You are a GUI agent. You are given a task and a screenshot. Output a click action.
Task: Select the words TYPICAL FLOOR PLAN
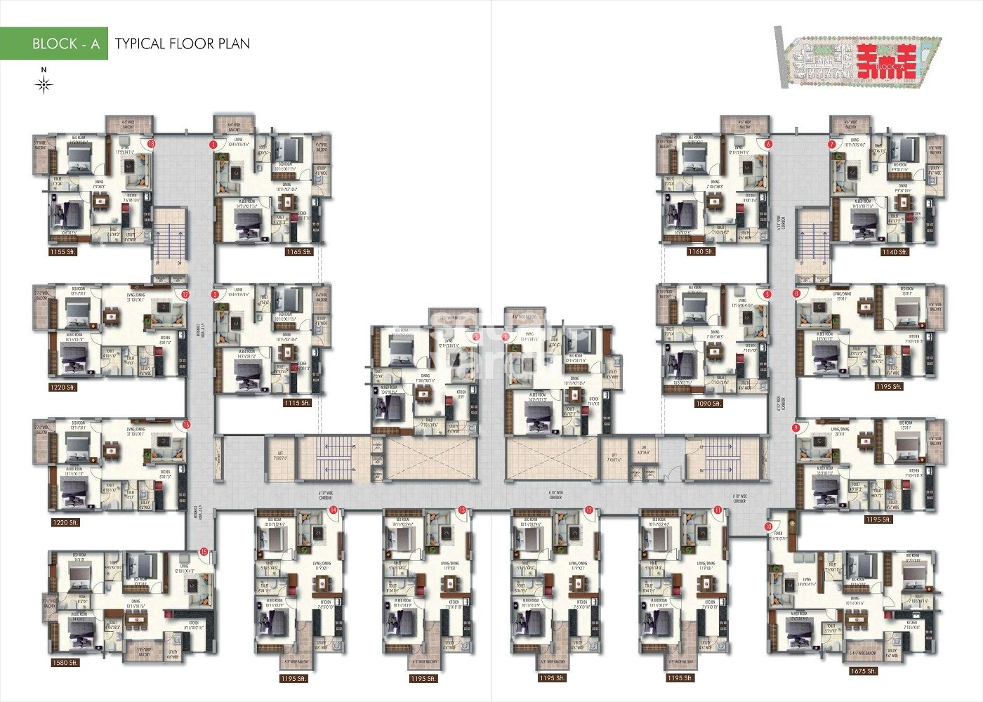tap(182, 44)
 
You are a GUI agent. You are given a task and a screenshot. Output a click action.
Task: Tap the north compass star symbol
tap(44, 85)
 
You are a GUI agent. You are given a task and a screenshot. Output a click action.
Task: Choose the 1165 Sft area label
tap(298, 251)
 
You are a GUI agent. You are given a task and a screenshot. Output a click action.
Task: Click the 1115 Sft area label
tap(296, 403)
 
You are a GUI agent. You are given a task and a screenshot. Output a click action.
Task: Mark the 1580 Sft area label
tap(64, 662)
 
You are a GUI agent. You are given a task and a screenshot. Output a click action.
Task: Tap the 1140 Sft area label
tap(895, 251)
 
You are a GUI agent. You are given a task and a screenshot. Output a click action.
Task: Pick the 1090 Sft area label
tap(708, 404)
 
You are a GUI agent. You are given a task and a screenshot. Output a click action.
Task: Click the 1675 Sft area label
tap(862, 671)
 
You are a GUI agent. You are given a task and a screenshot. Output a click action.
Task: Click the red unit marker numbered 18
tap(151, 144)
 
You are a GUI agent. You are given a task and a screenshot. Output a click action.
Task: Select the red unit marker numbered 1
tap(213, 144)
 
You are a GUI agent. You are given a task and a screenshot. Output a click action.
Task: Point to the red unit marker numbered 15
tap(204, 552)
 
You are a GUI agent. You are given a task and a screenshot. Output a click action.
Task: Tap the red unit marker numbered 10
tap(768, 526)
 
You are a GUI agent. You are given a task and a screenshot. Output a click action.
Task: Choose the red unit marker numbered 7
tap(832, 144)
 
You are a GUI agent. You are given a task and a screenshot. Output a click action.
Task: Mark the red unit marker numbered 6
tap(768, 144)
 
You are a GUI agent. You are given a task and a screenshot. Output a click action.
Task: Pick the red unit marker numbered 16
tap(186, 425)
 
